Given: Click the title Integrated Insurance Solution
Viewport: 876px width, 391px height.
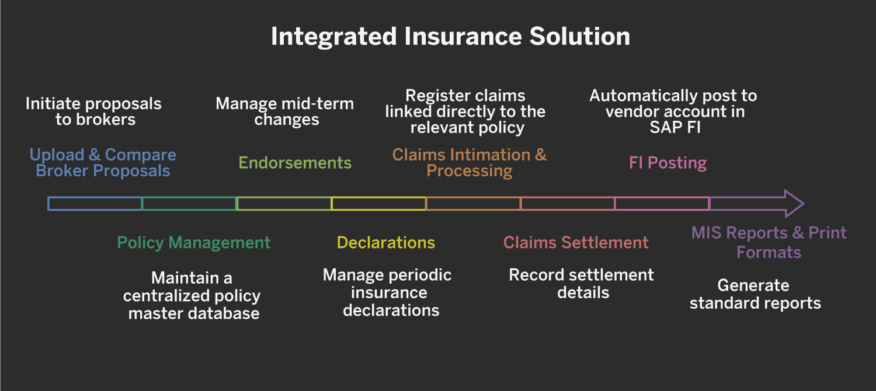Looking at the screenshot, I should pyautogui.click(x=450, y=37).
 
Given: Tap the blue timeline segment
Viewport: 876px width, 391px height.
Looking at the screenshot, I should pyautogui.click(x=95, y=204).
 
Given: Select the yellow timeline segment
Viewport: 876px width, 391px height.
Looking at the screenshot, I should pyautogui.click(x=378, y=204).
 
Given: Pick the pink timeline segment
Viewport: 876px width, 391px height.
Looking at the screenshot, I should pyautogui.click(x=662, y=204).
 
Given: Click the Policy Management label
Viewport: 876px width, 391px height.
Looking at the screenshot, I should pyautogui.click(x=194, y=243).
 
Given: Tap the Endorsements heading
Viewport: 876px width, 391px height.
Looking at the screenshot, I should pyautogui.click(x=295, y=163).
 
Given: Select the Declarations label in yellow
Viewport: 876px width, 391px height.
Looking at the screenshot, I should pyautogui.click(x=386, y=243).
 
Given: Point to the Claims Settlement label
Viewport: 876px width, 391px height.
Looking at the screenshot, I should pyautogui.click(x=576, y=243).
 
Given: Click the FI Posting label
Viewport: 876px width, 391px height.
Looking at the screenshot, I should pyautogui.click(x=668, y=163).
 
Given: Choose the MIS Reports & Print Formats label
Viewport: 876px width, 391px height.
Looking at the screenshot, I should pyautogui.click(x=769, y=242).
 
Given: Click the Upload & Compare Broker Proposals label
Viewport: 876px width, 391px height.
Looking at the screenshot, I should pyautogui.click(x=103, y=163).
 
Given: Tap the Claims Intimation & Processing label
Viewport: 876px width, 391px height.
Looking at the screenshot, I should pyautogui.click(x=470, y=163).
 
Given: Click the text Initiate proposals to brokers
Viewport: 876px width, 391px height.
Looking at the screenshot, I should pyautogui.click(x=93, y=111).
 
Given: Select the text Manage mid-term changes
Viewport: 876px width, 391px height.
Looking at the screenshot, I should pyautogui.click(x=285, y=111).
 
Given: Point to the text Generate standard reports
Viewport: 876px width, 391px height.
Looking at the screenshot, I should pyautogui.click(x=755, y=294).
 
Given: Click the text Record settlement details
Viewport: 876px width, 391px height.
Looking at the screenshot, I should pyautogui.click(x=582, y=284).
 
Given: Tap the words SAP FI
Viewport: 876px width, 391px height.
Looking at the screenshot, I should pyautogui.click(x=675, y=128).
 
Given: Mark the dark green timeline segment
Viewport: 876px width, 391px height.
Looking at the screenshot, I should pyautogui.click(x=189, y=204).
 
